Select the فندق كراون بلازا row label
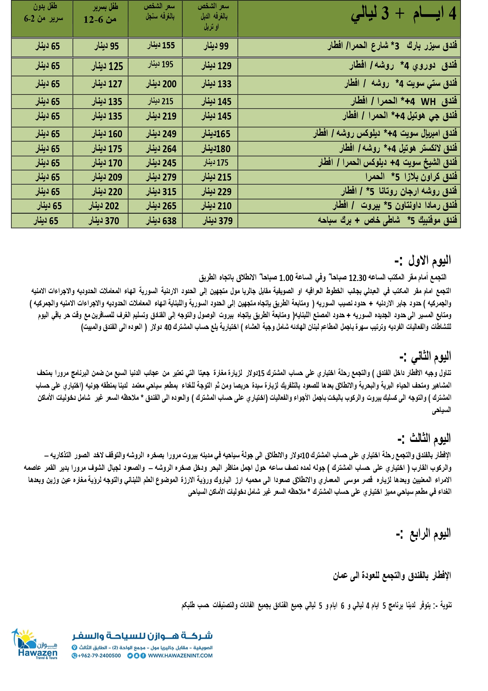pyautogui.click(x=411, y=177)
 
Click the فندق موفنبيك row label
pyautogui.click(x=387, y=220)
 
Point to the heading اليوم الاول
pyautogui.click(x=423, y=261)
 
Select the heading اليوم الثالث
pyautogui.click(x=425, y=439)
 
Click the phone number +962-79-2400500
pyautogui.click(x=96, y=656)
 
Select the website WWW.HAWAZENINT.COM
pyautogui.click(x=180, y=656)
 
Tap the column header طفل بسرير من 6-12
pyautogui.click(x=100, y=14)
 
